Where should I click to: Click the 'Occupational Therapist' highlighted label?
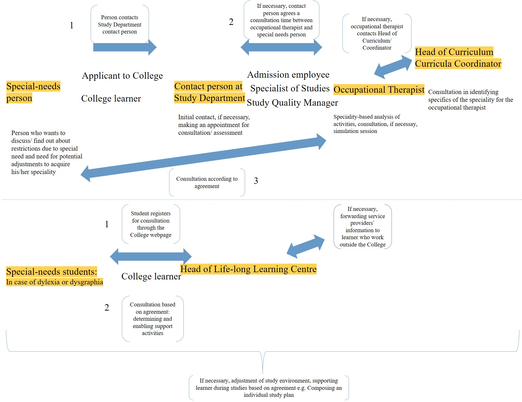click(379, 90)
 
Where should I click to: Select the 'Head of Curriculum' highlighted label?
click(454, 52)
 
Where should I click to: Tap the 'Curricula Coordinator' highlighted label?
click(458, 64)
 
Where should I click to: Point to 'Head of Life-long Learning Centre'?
click(248, 269)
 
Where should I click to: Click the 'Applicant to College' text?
click(122, 76)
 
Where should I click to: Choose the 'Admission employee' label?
click(288, 75)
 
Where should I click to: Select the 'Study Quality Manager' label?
click(292, 103)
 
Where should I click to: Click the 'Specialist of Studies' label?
click(290, 88)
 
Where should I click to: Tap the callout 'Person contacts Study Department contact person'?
click(120, 24)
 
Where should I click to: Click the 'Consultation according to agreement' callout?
click(207, 182)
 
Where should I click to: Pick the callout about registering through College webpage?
click(151, 224)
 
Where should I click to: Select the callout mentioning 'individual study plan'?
click(269, 387)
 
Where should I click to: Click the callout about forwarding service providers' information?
click(362, 226)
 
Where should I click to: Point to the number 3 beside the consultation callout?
click(256, 181)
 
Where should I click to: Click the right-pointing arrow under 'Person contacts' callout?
click(125, 47)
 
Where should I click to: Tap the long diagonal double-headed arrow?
click(203, 158)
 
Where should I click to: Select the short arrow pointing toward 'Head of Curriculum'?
click(393, 67)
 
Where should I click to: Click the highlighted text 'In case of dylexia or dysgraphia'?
click(55, 282)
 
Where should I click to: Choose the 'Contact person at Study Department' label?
click(209, 92)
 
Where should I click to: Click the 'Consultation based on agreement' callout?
click(153, 319)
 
